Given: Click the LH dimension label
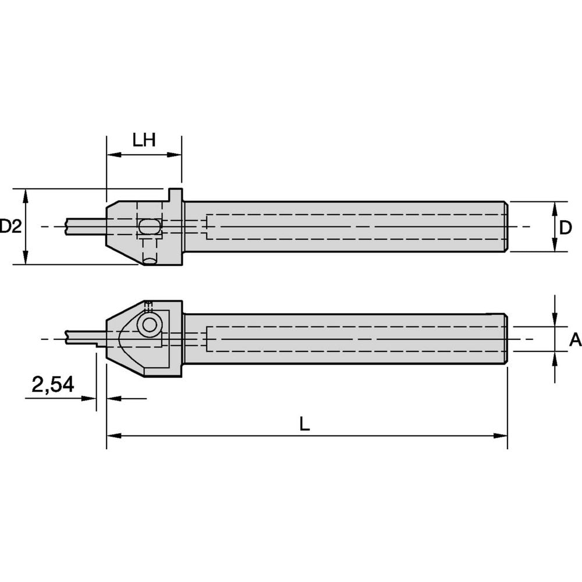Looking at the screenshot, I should (144, 140).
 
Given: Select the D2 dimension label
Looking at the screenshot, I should (10, 226).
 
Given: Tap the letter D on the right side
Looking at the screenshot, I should (565, 228).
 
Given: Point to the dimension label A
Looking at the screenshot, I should (574, 340).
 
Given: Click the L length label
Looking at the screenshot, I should (304, 424).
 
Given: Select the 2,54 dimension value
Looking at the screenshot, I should (53, 385).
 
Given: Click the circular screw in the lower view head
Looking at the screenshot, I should (150, 325).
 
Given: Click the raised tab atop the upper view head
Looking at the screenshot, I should (175, 194).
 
